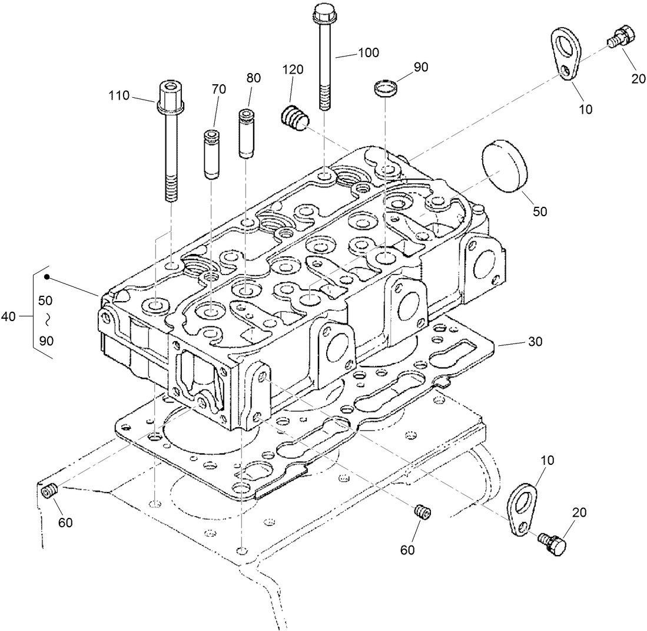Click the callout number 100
pyautogui.click(x=368, y=52)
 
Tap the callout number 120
pyautogui.click(x=293, y=70)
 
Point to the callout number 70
pyautogui.click(x=218, y=90)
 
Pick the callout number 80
pyautogui.click(x=253, y=78)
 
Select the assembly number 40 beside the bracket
pyautogui.click(x=8, y=316)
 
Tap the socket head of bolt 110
pyautogui.click(x=170, y=94)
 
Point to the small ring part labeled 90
pyautogui.click(x=386, y=89)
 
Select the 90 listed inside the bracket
pyautogui.click(x=45, y=341)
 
